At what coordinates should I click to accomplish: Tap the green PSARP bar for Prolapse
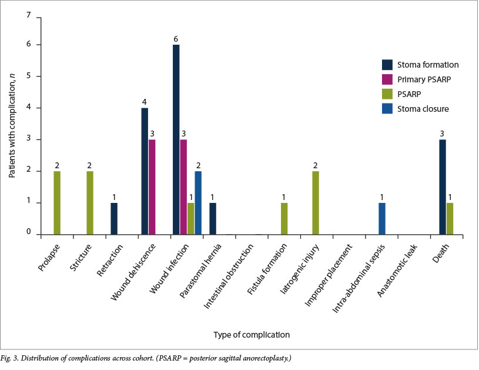click(x=57, y=203)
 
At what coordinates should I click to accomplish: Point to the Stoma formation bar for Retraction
click(x=113, y=219)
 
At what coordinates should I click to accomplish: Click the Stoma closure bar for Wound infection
click(x=199, y=203)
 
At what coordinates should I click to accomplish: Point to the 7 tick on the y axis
click(x=29, y=14)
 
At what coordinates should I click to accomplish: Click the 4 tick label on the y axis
click(x=29, y=108)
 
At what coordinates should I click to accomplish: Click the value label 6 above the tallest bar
click(x=176, y=39)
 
